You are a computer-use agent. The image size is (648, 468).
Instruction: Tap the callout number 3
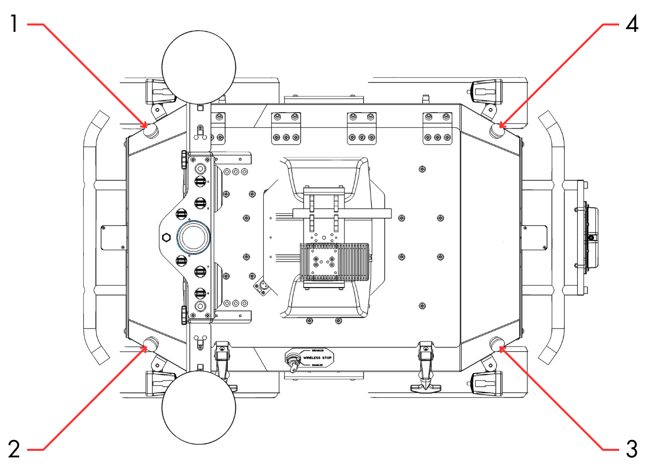631,448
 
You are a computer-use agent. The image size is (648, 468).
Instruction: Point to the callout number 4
631,24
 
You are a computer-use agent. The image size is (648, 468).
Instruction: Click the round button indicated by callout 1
151,132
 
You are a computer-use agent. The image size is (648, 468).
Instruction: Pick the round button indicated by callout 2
151,344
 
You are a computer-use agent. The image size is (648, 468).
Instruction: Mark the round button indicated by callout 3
498,344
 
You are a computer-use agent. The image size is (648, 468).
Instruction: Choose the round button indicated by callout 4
498,131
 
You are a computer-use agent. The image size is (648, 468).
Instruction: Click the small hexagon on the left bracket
165,237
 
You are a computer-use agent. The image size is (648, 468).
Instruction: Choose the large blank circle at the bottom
198,407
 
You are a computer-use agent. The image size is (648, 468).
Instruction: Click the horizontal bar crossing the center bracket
343,212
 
